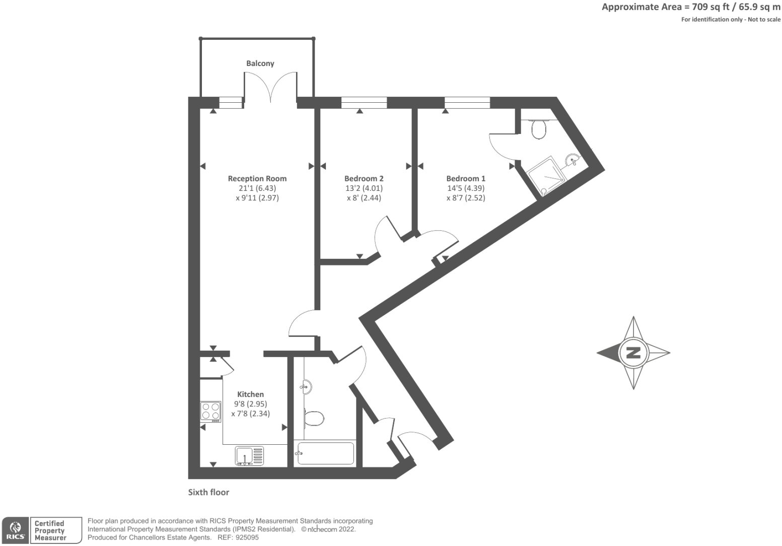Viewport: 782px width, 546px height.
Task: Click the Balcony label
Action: (260, 63)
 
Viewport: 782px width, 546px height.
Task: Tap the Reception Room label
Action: (257, 178)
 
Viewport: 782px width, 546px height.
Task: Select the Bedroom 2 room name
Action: (364, 178)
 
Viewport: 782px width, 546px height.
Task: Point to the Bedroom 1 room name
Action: (466, 178)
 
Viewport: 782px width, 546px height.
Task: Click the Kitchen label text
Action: (250, 394)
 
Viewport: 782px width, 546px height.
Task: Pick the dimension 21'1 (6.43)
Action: (257, 188)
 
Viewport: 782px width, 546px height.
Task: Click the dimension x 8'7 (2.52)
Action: (466, 198)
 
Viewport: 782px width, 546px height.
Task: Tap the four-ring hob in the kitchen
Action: (210, 411)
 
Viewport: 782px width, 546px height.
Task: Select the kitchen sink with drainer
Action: (249, 455)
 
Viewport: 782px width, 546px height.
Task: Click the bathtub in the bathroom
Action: (325, 453)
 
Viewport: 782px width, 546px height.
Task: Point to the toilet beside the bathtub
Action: (314, 418)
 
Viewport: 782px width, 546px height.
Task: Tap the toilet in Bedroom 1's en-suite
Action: (538, 129)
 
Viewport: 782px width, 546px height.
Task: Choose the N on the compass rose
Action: (633, 353)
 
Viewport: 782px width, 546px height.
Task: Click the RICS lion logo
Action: (16, 530)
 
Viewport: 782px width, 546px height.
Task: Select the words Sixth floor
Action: (208, 492)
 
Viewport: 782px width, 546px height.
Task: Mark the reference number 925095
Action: (247, 537)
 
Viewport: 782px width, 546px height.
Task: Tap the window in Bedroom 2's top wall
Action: (364, 103)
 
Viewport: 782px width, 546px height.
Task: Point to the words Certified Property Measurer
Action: (49, 530)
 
